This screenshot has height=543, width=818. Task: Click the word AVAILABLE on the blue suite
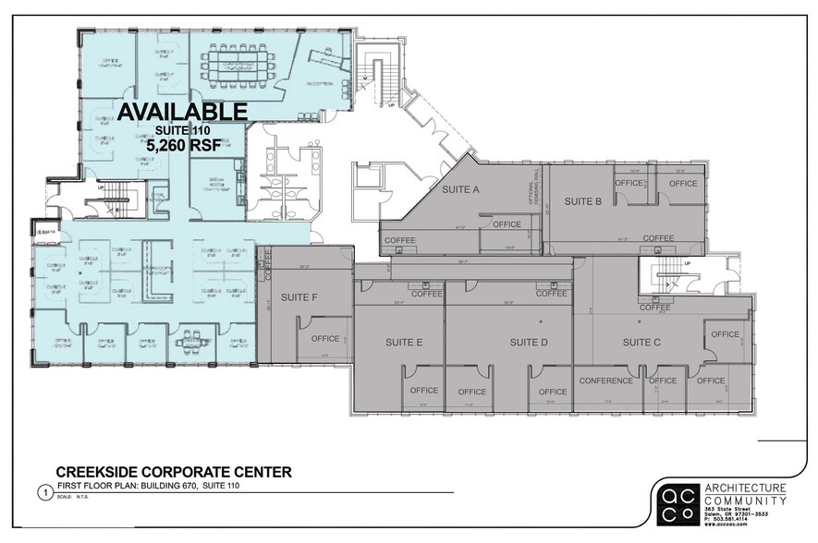tap(182, 112)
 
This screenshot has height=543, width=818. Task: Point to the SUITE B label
tap(583, 201)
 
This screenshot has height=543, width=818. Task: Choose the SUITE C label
tap(641, 343)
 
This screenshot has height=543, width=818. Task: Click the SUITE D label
tap(529, 343)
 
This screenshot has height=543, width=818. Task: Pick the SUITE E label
tap(404, 343)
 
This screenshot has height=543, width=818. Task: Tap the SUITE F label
tap(299, 297)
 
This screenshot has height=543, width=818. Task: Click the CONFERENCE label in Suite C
tap(605, 380)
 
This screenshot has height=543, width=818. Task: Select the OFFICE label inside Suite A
tap(507, 224)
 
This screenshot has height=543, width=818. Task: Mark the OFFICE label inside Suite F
tap(325, 339)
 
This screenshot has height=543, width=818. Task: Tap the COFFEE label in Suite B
tap(658, 238)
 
